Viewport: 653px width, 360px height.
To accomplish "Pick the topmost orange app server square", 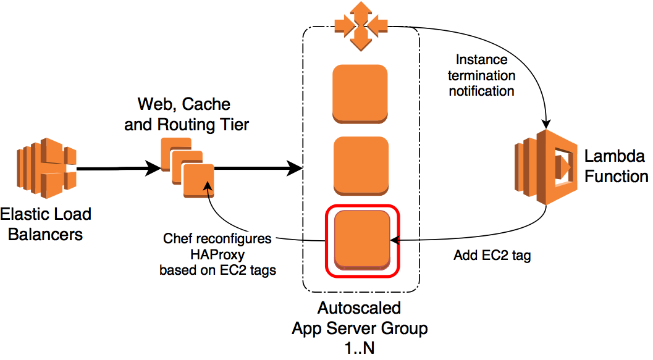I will coord(360,92).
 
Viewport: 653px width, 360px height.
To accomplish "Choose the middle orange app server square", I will coord(361,166).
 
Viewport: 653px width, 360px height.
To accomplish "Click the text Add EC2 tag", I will coord(492,255).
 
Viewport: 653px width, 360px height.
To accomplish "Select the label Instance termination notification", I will coord(481,75).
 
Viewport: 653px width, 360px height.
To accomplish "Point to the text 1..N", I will coord(359,348).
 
